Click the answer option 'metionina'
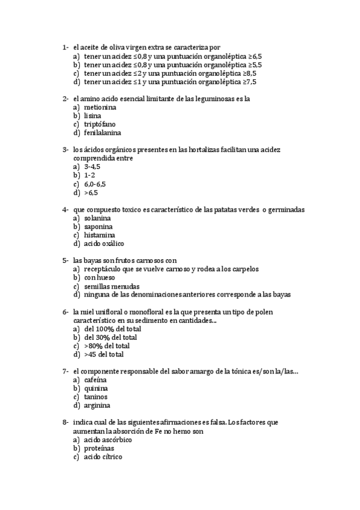click(99, 107)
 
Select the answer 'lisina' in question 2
click(93, 115)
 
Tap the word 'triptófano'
click(100, 124)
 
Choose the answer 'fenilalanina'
click(102, 133)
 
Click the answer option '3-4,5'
click(93, 167)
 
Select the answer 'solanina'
click(97, 218)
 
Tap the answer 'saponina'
click(99, 227)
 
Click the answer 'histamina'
click(99, 235)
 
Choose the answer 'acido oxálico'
click(104, 244)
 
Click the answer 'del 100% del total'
click(112, 329)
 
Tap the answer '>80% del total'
click(107, 346)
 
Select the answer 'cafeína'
click(96, 380)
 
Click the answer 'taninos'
click(96, 397)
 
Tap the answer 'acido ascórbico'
click(108, 440)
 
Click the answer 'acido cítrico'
click(103, 457)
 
